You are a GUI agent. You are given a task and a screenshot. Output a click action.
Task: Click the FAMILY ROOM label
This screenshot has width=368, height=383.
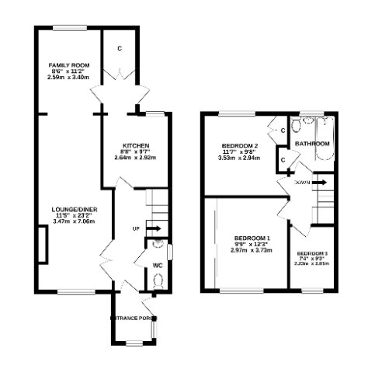68,65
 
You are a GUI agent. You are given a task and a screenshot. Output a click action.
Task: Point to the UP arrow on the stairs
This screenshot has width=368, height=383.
153,228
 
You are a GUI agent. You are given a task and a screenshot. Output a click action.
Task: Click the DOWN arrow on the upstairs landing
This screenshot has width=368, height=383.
318,183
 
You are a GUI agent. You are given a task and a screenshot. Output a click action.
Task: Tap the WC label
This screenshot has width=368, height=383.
157,265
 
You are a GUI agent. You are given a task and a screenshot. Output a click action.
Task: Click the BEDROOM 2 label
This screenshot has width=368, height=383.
239,145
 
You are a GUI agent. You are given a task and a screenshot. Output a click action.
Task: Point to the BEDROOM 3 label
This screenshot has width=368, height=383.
312,254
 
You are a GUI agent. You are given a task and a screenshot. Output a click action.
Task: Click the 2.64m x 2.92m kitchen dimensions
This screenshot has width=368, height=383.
135,158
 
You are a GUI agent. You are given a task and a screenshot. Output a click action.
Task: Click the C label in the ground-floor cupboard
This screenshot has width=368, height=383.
120,49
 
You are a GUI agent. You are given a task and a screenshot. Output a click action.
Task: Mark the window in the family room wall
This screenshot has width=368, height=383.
70,29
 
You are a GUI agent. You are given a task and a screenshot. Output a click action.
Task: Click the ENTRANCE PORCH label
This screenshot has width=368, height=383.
134,319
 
